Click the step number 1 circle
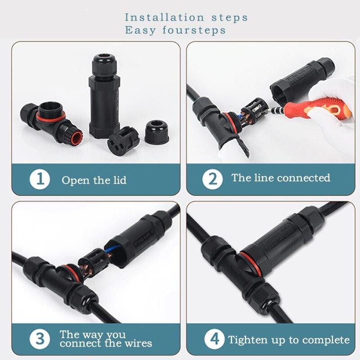click(40, 180)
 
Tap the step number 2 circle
click(212, 179)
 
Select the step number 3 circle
click(40, 338)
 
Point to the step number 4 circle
click(212, 339)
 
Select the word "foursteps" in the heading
click(198, 31)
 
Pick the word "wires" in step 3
click(138, 343)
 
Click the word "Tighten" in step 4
click(247, 340)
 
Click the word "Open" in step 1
click(72, 180)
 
